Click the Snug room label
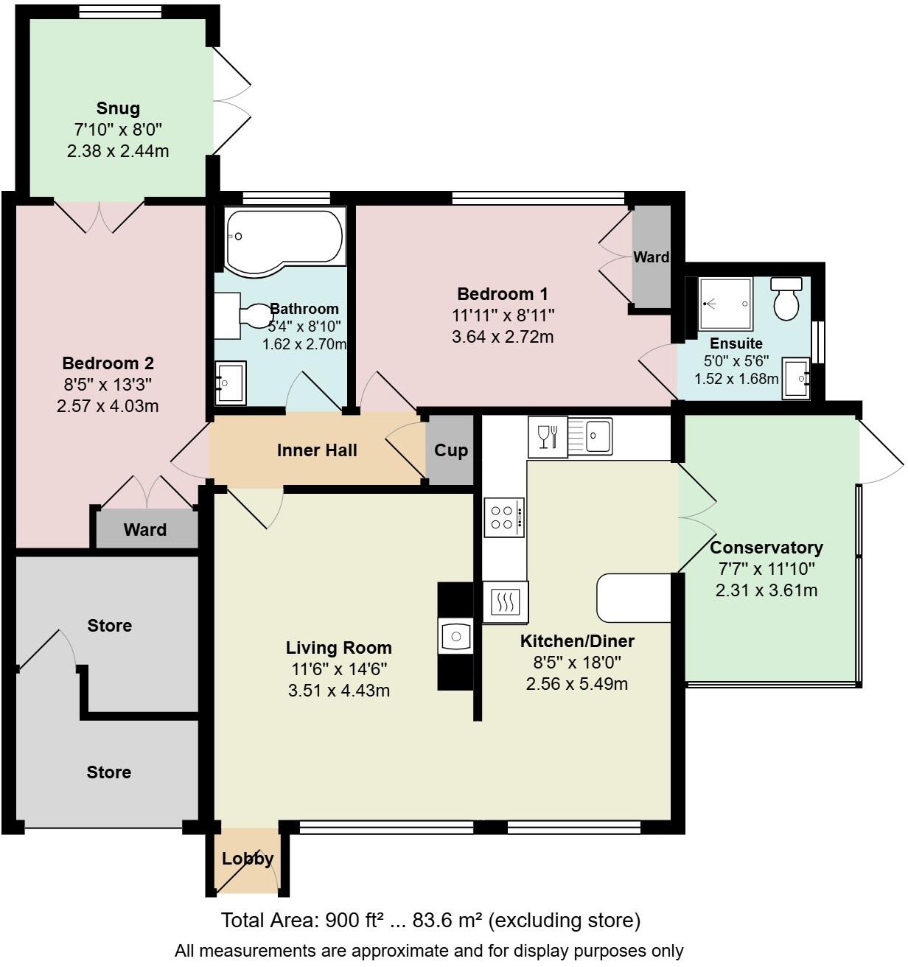118,109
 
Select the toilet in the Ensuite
786,299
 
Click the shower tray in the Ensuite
725,303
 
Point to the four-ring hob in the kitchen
504,517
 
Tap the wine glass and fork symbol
548,436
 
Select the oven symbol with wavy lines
506,602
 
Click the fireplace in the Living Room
455,636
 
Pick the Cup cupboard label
450,450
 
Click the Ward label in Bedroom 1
652,257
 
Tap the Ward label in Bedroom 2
145,530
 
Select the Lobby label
248,859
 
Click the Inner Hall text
317,450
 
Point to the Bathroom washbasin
230,383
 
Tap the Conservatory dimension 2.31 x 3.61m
766,590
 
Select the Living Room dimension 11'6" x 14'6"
339,669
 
